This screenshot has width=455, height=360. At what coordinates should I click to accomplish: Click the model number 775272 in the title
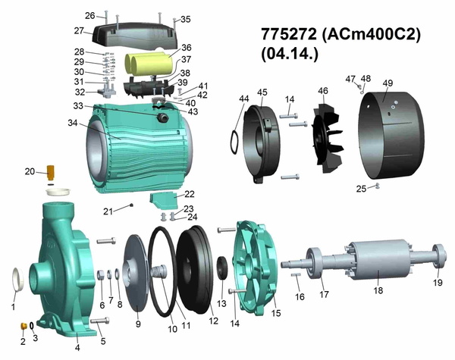pos(289,34)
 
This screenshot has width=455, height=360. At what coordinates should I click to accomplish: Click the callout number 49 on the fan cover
pos(388,83)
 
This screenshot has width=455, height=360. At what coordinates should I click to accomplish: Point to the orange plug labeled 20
pos(51,173)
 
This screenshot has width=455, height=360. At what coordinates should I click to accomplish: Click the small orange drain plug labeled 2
pos(24,326)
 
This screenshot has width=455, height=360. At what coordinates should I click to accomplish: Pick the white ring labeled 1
pos(18,280)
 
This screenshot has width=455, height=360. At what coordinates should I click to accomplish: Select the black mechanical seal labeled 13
pos(222,268)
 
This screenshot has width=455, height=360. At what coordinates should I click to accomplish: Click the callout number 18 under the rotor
pos(378,290)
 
